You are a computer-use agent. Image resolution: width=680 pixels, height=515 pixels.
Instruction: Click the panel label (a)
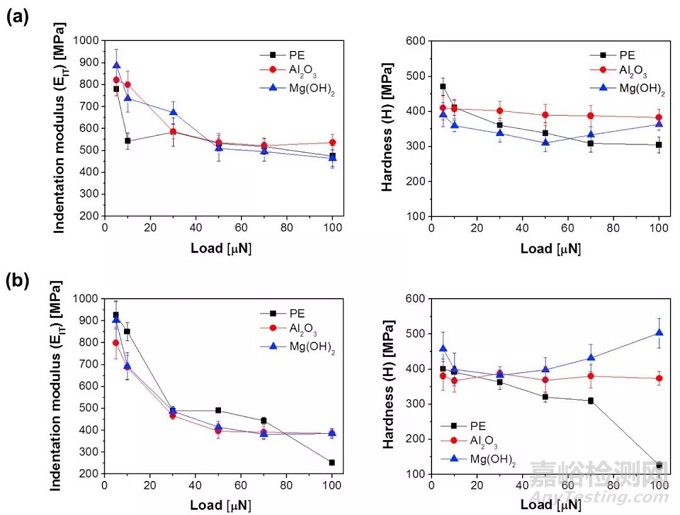pos(18,17)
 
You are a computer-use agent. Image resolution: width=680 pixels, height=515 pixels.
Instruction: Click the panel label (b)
pos(18,275)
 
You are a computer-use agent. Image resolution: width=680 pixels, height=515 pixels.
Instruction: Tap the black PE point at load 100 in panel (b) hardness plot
pos(658,465)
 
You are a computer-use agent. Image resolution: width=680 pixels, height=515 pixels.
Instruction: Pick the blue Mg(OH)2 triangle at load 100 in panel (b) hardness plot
pos(658,333)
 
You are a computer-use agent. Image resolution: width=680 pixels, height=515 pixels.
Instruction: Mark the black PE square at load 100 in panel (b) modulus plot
pos(331,462)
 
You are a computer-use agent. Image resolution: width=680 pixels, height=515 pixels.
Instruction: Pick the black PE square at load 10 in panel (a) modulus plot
pos(127,141)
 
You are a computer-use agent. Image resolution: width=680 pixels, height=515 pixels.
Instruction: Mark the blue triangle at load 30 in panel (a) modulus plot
pos(173,112)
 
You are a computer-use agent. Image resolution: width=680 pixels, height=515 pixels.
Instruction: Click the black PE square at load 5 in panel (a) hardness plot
pos(442,87)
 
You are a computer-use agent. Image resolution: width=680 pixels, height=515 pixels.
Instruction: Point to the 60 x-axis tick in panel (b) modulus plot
pos(241,487)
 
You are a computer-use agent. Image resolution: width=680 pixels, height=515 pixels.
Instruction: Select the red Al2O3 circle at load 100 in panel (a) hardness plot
pos(658,117)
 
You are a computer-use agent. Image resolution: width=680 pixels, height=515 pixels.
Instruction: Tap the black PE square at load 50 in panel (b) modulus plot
pos(218,410)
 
